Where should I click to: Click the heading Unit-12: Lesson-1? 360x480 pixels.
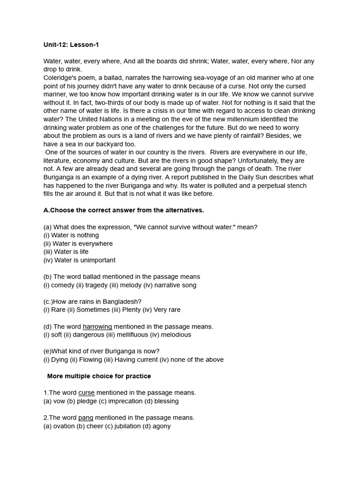[71, 45]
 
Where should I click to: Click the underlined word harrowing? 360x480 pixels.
[97, 326]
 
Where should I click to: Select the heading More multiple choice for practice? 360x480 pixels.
[99, 376]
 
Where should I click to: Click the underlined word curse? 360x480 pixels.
[86, 393]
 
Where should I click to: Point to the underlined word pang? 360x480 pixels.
[85, 418]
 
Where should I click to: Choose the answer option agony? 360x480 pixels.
[161, 426]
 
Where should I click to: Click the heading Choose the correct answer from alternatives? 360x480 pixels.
[124, 210]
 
